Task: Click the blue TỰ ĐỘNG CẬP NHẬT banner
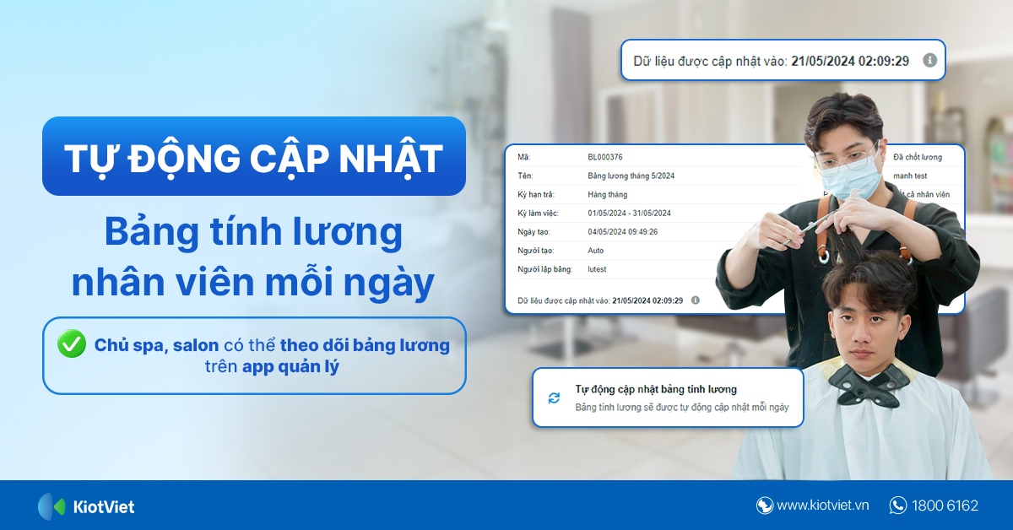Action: point(253,157)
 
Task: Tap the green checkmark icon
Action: point(72,344)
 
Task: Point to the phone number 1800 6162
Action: point(945,506)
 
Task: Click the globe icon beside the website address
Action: point(765,506)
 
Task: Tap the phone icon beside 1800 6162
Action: point(898,506)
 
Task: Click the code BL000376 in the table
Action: point(604,157)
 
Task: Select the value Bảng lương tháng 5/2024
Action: point(631,176)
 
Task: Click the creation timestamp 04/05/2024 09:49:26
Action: point(622,231)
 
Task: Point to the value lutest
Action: point(597,268)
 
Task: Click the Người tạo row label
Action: point(536,251)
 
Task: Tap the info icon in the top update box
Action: point(929,61)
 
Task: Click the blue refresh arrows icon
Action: point(554,397)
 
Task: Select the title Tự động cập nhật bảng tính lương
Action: point(656,389)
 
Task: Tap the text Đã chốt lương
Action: point(917,157)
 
